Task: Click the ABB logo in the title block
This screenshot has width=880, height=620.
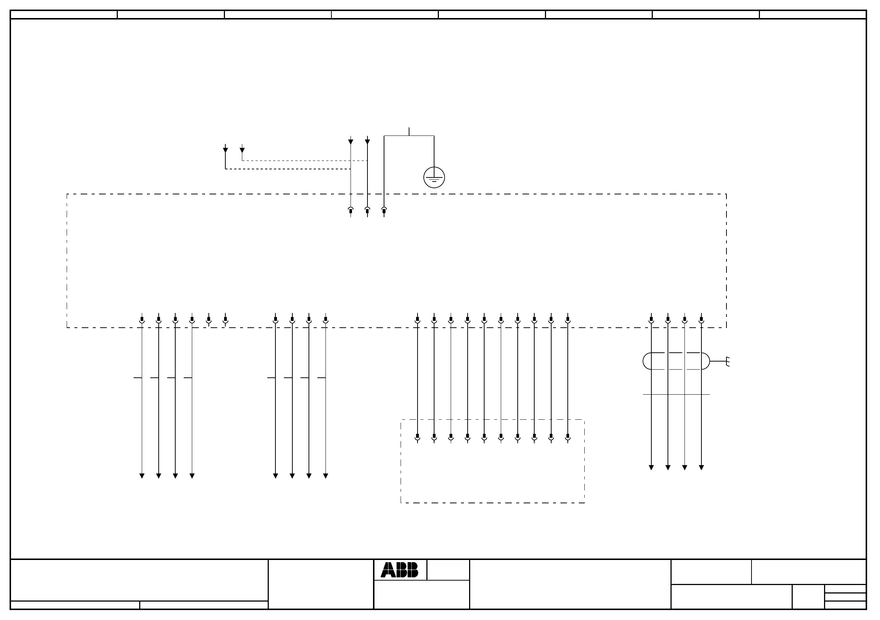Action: coord(399,570)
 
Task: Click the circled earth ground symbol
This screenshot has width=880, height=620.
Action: coord(434,177)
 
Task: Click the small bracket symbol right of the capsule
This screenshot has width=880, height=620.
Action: coord(728,361)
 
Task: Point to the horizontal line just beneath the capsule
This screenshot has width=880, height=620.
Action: coord(676,394)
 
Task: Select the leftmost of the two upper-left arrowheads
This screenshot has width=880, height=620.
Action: coord(225,150)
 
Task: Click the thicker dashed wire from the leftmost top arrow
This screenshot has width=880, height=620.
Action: coord(288,169)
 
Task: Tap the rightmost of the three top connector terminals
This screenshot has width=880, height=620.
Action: coord(384,211)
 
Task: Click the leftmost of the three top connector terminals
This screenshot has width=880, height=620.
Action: coord(351,211)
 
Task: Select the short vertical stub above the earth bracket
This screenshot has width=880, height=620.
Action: coord(409,131)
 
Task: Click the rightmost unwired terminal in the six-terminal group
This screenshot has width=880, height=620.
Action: coord(225,320)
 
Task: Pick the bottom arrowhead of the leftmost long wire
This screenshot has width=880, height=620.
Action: coord(142,476)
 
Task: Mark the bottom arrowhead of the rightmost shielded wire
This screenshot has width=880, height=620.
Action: coord(701,468)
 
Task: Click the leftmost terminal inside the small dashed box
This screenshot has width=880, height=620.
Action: coord(418,437)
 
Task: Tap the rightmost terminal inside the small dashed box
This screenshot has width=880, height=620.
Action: coord(568,437)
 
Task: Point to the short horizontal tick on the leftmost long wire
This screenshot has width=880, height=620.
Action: coord(138,378)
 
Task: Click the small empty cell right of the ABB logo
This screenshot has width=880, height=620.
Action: coord(448,570)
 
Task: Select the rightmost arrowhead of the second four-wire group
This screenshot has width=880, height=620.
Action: coord(326,476)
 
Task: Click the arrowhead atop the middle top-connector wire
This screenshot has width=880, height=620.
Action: coord(367,142)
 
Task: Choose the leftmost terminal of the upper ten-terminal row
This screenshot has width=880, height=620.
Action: coord(418,320)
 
